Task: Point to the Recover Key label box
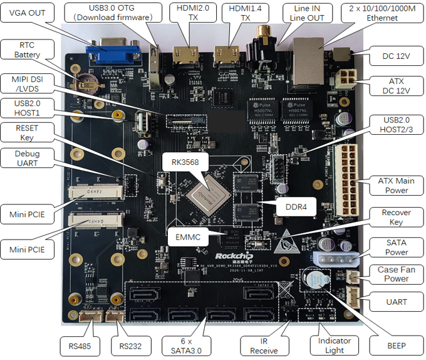pos(396,218)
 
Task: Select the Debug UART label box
pos(28,159)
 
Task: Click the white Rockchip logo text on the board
pos(233,257)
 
